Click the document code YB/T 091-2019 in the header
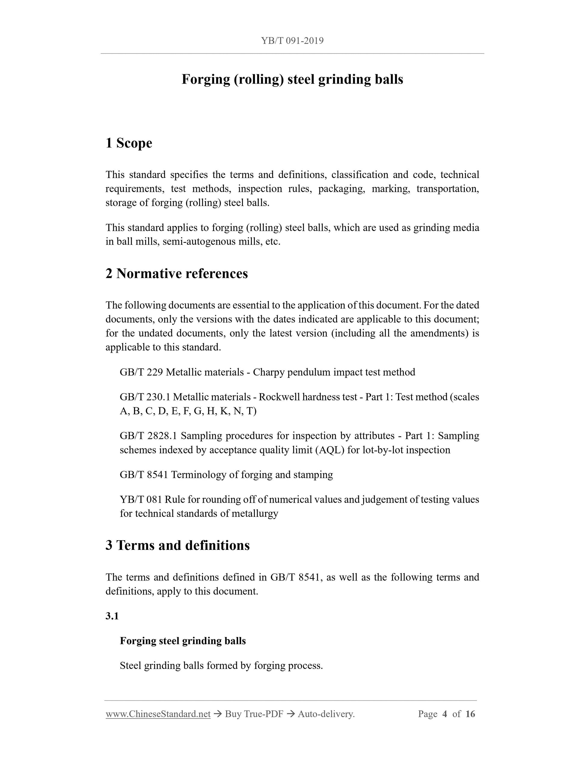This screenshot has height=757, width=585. coord(292,41)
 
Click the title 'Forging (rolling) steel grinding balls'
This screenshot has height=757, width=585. coord(292,79)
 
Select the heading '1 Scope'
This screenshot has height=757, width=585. coord(129,143)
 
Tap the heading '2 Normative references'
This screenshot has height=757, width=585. coord(177,274)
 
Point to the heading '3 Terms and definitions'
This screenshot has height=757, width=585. coord(177,545)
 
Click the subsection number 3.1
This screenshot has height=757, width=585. coord(112,616)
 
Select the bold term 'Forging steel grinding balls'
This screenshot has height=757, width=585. coord(183,641)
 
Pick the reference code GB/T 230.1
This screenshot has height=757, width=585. coord(145,397)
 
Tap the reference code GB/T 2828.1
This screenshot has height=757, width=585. coord(148,436)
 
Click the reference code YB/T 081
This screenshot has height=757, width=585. coord(141,499)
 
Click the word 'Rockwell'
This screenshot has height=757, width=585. coord(279,397)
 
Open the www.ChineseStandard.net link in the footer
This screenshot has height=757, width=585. coord(158,714)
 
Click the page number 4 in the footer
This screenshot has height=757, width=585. coord(445,714)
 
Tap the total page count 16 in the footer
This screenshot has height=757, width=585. coord(470,714)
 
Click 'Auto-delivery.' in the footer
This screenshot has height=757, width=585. coord(326,714)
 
